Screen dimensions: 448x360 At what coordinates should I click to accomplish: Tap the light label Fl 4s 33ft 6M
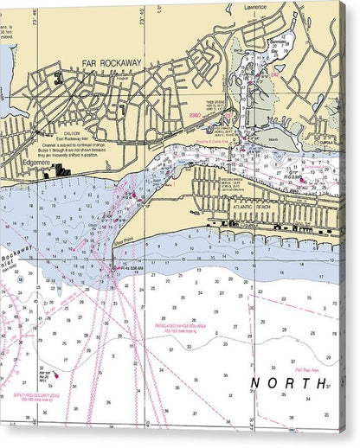(131, 269)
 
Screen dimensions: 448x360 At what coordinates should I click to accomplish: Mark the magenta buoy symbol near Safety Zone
(55, 375)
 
